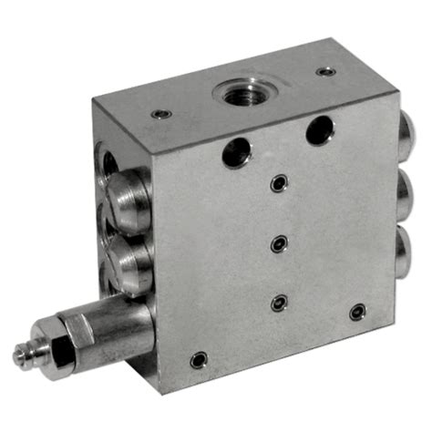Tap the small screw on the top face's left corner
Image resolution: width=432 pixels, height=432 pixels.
coord(161,114)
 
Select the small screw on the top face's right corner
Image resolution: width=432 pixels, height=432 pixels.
coord(324,71)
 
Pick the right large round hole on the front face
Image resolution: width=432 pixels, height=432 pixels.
coord(319,130)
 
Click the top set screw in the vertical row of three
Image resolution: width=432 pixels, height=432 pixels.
coord(277,184)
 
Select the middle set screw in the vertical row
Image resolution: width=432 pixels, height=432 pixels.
coord(281,242)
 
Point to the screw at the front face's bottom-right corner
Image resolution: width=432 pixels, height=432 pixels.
coord(357,312)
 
